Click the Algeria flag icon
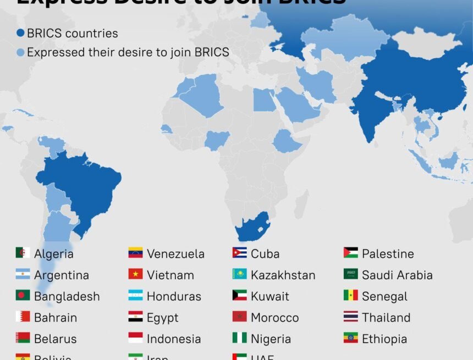tap(23, 253)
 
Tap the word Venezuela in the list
tap(175, 254)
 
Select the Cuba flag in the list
tap(239, 253)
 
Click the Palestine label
tap(388, 254)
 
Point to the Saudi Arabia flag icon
tap(351, 274)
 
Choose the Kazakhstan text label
tap(283, 275)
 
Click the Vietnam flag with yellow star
tap(135, 274)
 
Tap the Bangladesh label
tap(67, 296)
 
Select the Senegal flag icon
tap(351, 296)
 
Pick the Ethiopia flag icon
tap(351, 338)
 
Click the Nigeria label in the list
tap(271, 339)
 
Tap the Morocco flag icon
tap(239, 317)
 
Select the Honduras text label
tap(174, 296)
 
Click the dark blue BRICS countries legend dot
tap(20, 34)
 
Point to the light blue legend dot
tap(20, 53)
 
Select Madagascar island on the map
tap(301, 204)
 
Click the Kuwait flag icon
tap(239, 296)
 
